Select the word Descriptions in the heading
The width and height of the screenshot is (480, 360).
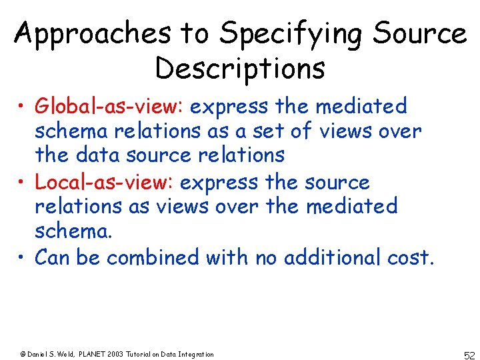click(239, 68)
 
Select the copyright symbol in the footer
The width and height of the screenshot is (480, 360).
click(22, 354)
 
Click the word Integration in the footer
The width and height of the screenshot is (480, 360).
click(196, 354)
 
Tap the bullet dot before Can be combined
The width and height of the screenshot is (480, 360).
click(23, 257)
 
